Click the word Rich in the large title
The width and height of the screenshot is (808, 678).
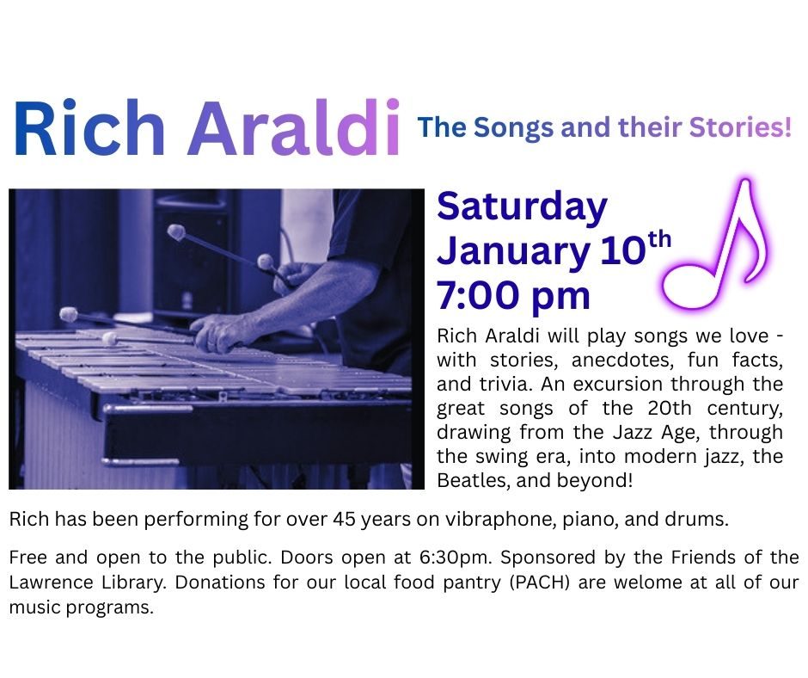(89, 127)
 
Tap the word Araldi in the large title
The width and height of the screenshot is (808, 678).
(294, 127)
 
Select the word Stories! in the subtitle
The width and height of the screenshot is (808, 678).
(740, 127)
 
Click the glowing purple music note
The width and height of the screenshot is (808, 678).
(715, 245)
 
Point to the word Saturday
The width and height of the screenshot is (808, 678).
(522, 207)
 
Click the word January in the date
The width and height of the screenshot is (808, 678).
(513, 252)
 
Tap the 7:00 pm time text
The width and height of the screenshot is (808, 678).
(513, 296)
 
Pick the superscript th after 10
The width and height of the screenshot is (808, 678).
(659, 240)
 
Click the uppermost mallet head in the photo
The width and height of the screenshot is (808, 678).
(176, 231)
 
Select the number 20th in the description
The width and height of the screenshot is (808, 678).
(670, 408)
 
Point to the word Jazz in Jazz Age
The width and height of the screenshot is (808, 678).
(632, 433)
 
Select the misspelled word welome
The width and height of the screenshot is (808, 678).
(648, 582)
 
